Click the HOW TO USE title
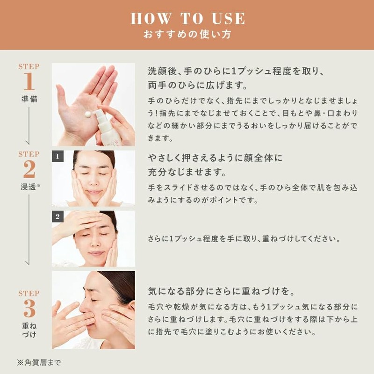click(x=188, y=19)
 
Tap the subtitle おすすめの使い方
click(x=187, y=34)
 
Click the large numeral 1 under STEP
click(x=29, y=81)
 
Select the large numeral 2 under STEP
click(x=29, y=169)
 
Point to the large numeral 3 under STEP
click(x=29, y=308)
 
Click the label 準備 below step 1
click(x=29, y=99)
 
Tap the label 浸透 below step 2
click(x=29, y=187)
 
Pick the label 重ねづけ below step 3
click(x=29, y=330)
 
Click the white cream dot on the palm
click(x=88, y=114)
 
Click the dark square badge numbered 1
click(x=58, y=156)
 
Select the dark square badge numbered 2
click(x=58, y=216)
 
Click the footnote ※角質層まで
click(x=39, y=363)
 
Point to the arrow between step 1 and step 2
click(x=29, y=125)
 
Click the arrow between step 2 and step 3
click(x=29, y=230)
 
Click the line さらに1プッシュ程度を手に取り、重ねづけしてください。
click(x=244, y=238)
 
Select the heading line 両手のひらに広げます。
click(x=198, y=85)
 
